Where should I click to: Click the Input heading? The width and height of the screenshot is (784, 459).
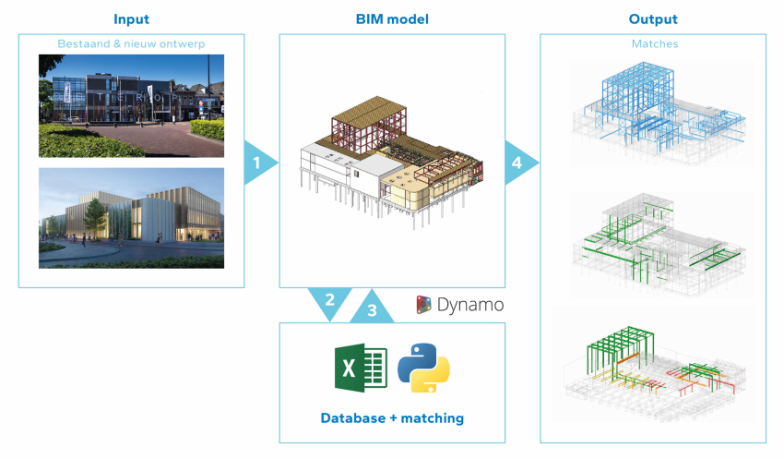(x=131, y=19)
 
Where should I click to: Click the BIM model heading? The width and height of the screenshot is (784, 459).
(x=392, y=19)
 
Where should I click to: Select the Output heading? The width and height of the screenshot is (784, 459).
(x=653, y=19)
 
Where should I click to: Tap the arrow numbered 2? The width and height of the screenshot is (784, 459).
(x=329, y=302)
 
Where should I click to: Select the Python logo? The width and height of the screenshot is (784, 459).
(x=423, y=367)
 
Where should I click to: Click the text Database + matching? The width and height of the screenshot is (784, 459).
(x=392, y=418)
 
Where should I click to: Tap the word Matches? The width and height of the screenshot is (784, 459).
(x=653, y=43)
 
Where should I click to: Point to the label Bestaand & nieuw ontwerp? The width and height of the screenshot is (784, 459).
(x=131, y=43)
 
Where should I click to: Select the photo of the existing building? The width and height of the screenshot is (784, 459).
(x=131, y=105)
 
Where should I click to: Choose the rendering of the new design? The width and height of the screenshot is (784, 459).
(x=131, y=217)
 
